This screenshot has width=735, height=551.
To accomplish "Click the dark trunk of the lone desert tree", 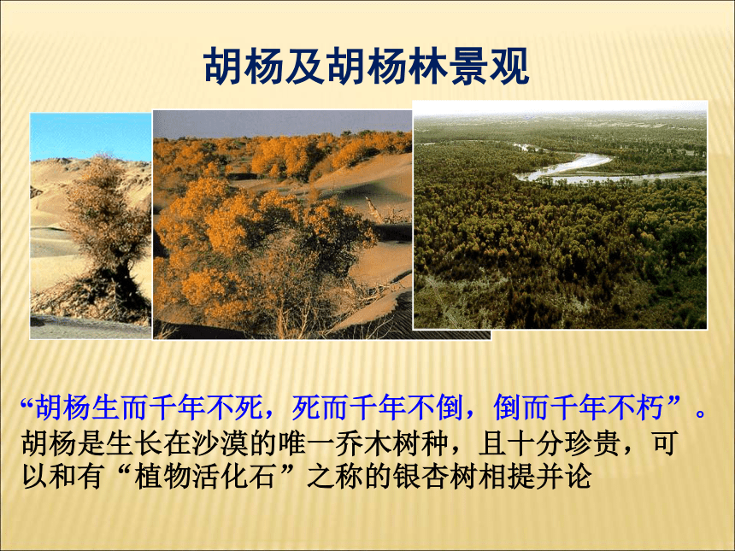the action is (123, 286).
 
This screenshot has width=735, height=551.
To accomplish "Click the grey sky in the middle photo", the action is (281, 123).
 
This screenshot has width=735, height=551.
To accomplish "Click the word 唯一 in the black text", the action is (305, 443).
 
